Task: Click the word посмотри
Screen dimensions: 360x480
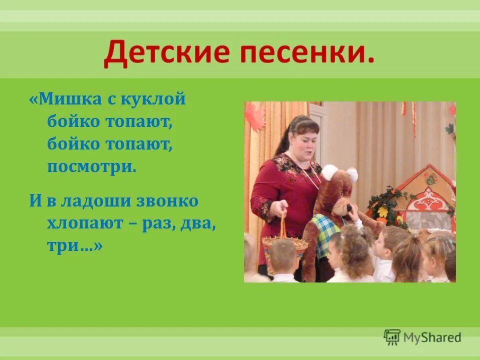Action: pyautogui.click(x=91, y=167)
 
